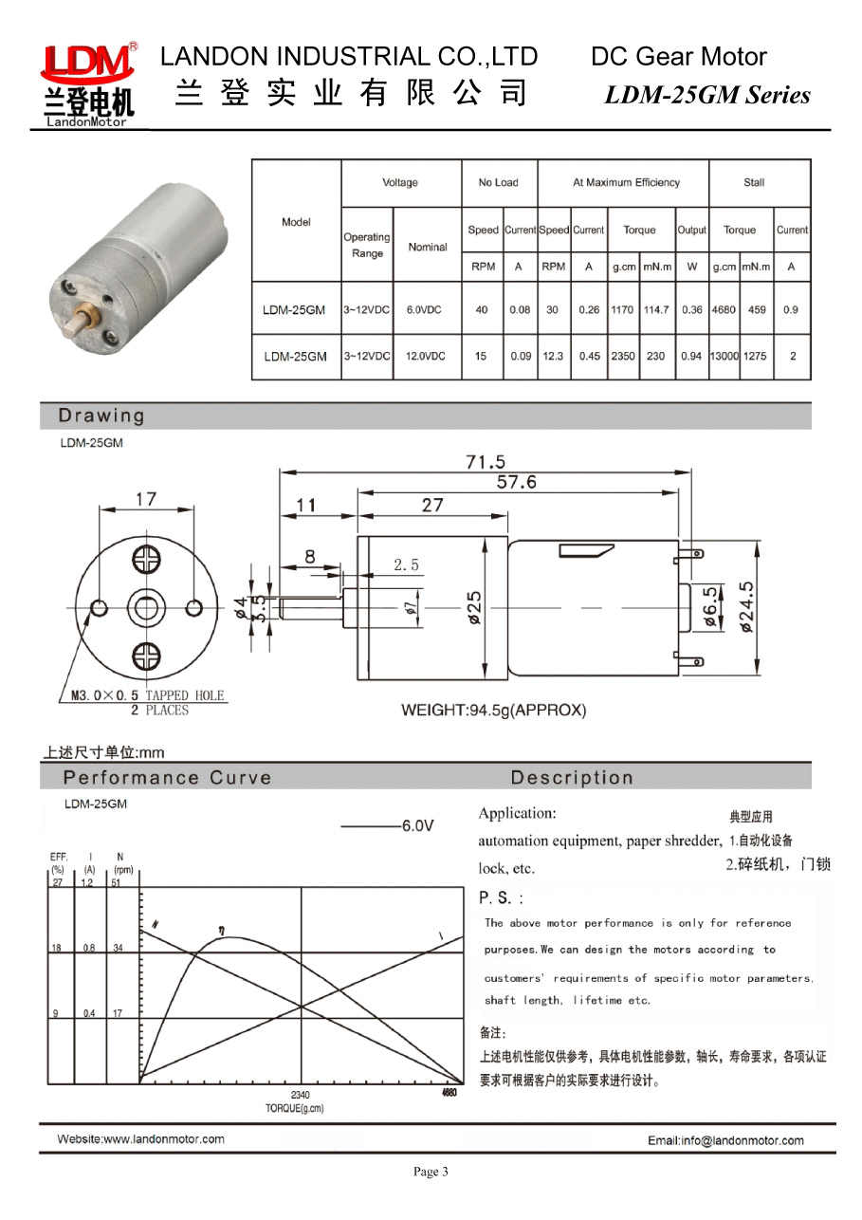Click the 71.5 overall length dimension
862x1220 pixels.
click(x=486, y=462)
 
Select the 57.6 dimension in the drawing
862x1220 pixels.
click(x=517, y=482)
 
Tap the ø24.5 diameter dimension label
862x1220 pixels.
click(x=746, y=607)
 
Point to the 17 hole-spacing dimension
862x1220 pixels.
click(x=145, y=499)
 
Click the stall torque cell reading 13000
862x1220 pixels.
click(x=724, y=357)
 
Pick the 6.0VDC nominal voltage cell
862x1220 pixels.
click(x=427, y=310)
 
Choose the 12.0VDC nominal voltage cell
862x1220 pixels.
click(x=427, y=357)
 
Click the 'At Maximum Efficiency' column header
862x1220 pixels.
click(x=626, y=182)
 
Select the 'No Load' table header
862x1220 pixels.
click(x=499, y=182)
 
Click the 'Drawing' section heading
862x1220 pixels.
click(x=101, y=416)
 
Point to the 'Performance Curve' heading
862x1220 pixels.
click(x=167, y=778)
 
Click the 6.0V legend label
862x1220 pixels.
click(x=417, y=826)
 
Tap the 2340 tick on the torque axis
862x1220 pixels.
click(x=300, y=1095)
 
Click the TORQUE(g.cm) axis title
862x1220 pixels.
click(x=295, y=1108)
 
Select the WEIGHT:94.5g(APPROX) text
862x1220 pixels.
click(x=493, y=710)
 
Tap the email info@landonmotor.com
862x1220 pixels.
click(x=725, y=1140)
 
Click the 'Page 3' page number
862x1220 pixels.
click(x=431, y=1172)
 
